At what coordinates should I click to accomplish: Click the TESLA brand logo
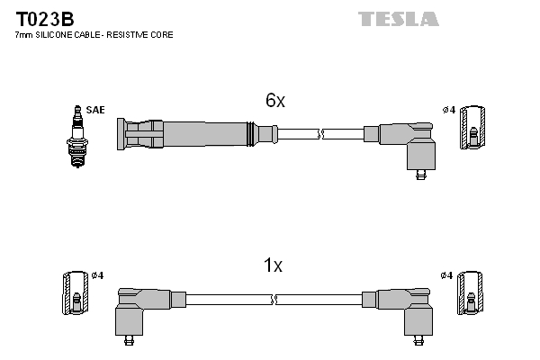pyautogui.click(x=398, y=19)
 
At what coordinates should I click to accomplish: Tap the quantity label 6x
pyautogui.click(x=275, y=101)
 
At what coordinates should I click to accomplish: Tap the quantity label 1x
pyautogui.click(x=273, y=265)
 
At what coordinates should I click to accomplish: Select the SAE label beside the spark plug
pyautogui.click(x=96, y=110)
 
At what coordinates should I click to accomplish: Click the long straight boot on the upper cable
pyautogui.click(x=189, y=134)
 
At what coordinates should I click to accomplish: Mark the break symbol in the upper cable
pyautogui.click(x=321, y=134)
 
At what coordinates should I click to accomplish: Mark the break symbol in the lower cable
pyautogui.click(x=274, y=299)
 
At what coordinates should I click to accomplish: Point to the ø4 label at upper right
pyautogui.click(x=448, y=110)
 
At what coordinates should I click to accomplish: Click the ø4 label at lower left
pyautogui.click(x=98, y=274)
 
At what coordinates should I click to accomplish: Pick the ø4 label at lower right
pyautogui.click(x=447, y=274)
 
